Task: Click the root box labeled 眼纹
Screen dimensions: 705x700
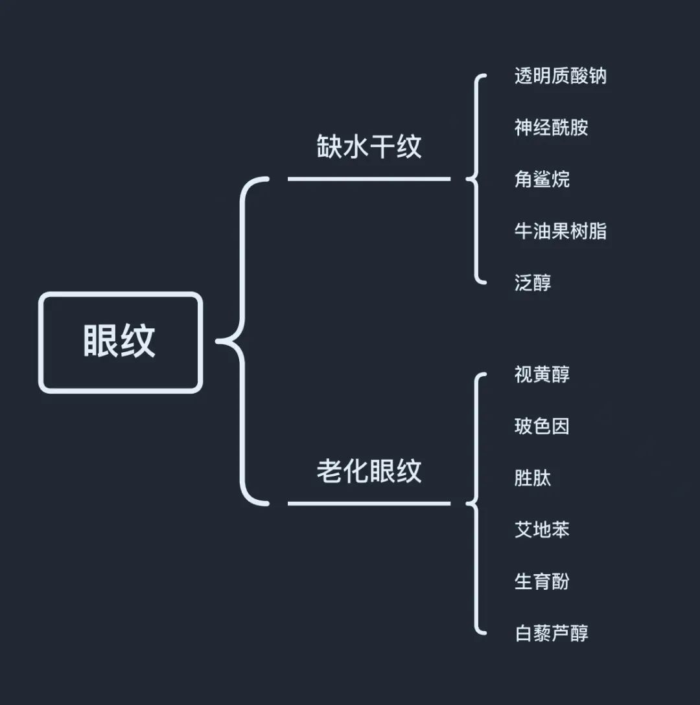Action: [x=121, y=342]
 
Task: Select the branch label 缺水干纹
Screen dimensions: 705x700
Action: [x=369, y=147]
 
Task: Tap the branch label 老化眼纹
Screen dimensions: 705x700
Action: [x=369, y=471]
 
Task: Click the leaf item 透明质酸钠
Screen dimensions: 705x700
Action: [x=560, y=76]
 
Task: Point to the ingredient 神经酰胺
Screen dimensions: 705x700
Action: [x=551, y=128]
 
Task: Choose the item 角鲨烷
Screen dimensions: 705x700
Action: [x=542, y=179]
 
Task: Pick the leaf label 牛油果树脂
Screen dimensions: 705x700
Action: [x=560, y=231]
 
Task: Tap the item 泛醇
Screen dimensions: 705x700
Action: [x=533, y=283]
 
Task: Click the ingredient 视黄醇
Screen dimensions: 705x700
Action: [x=542, y=375]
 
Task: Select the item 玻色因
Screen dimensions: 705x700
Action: [x=542, y=427]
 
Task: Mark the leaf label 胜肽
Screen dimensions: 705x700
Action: [x=533, y=478]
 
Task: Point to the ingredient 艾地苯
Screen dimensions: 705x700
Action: [x=542, y=530]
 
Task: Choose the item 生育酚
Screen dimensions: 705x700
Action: [x=542, y=581]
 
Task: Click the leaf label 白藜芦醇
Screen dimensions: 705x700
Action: [x=551, y=633]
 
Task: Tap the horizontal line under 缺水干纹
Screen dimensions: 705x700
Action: [x=369, y=179]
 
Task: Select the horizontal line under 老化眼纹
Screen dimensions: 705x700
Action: [x=369, y=503]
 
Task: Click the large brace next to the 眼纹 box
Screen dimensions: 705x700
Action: [x=243, y=341]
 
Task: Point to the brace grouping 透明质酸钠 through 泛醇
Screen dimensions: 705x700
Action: [x=478, y=179]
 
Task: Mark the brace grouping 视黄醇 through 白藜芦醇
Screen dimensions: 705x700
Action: [x=478, y=503]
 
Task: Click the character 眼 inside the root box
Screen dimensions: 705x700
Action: [x=102, y=342]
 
